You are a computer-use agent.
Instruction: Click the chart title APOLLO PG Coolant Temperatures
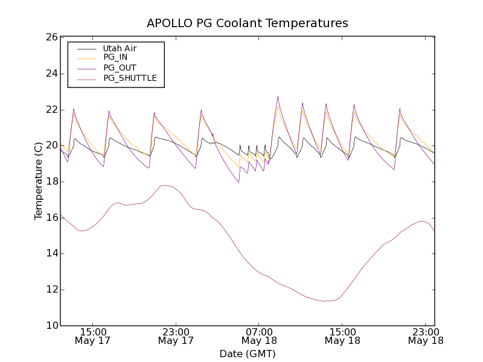[248, 24]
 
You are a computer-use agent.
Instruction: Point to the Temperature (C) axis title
[39, 182]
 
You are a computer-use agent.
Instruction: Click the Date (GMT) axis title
[248, 354]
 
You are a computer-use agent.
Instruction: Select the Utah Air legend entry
[120, 48]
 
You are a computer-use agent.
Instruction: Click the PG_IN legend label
[115, 57]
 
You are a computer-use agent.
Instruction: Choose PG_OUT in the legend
[120, 68]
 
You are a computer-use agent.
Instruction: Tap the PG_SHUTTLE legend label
[130, 78]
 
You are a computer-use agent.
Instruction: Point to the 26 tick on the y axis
[51, 37]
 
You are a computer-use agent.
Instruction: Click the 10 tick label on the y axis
[51, 326]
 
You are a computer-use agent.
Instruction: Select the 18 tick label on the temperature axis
[51, 182]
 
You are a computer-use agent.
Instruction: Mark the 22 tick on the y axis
[51, 110]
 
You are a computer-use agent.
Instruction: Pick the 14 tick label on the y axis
[51, 253]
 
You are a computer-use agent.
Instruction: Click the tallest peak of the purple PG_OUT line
[278, 97]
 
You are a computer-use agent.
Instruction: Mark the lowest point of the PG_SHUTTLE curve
[325, 301]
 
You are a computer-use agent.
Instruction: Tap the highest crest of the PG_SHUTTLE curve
[164, 185]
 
